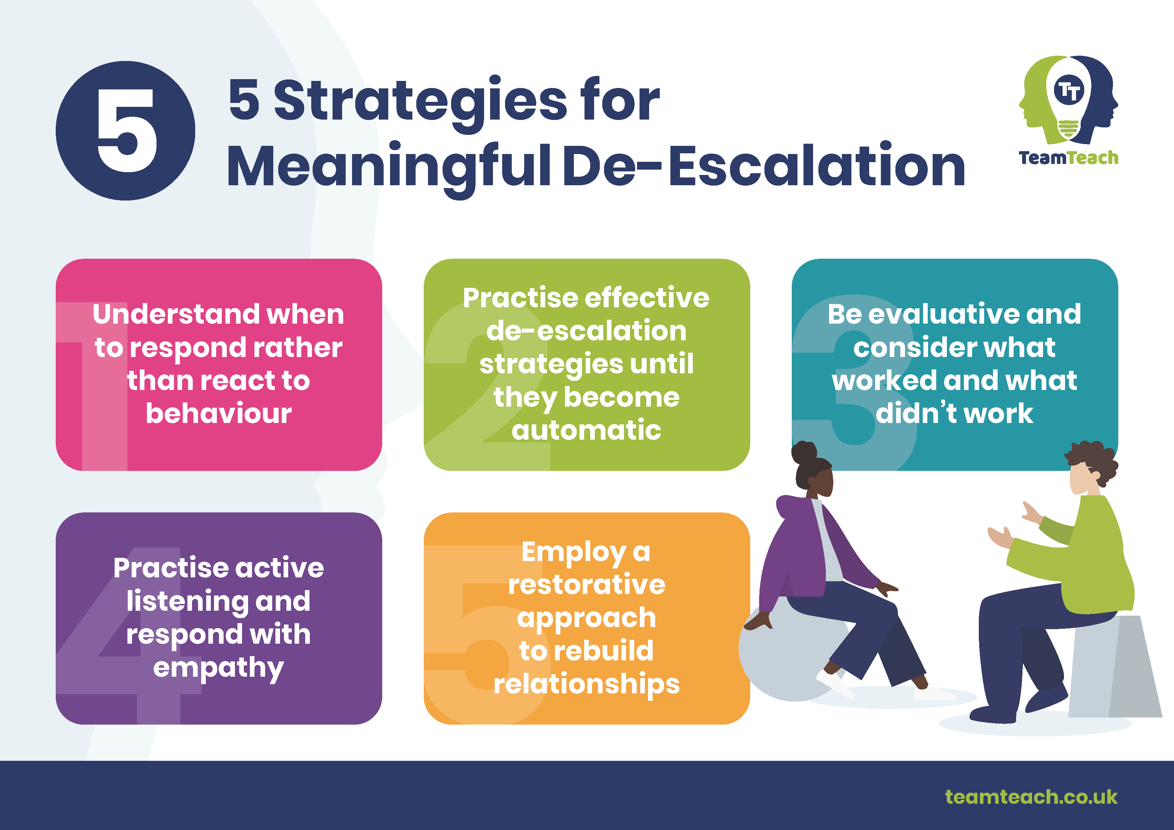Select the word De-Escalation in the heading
[764, 165]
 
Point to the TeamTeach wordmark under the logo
[1068, 158]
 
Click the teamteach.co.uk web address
[1031, 797]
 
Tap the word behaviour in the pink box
[219, 413]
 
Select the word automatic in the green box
[587, 430]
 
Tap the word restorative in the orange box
[587, 584]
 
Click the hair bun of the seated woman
[804, 454]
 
